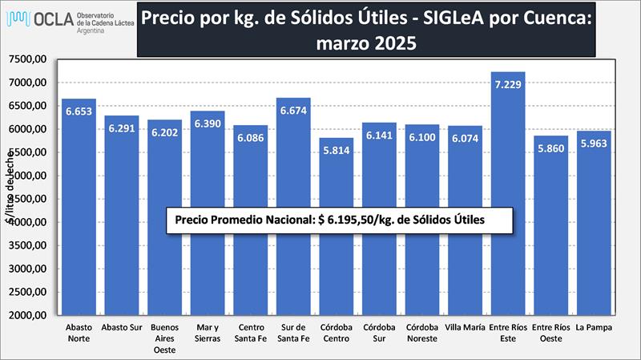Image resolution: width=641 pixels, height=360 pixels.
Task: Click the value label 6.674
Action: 293,107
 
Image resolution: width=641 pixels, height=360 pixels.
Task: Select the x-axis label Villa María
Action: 465,328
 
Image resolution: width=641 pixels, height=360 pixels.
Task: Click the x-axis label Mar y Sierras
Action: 207,333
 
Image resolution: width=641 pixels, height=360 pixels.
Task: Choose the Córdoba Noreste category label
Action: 421,333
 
